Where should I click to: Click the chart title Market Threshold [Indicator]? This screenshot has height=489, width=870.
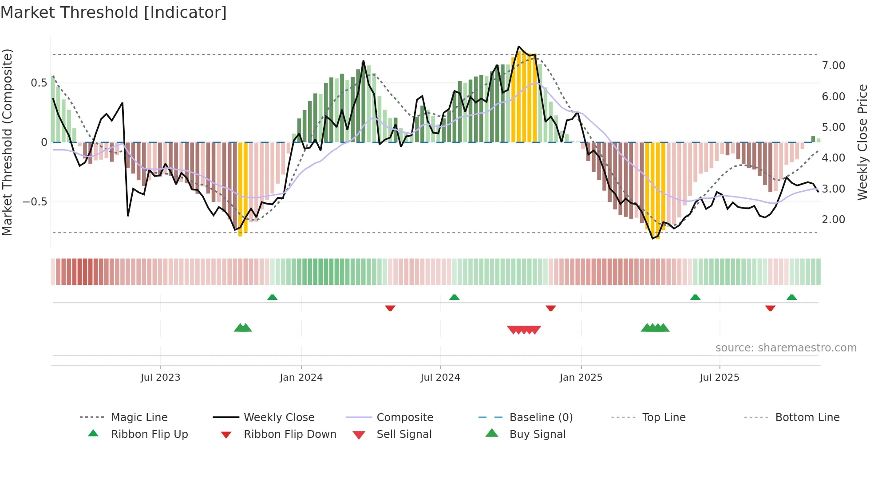(114, 12)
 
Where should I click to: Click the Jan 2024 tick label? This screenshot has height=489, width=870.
(301, 378)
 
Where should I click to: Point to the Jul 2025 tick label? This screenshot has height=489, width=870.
(719, 378)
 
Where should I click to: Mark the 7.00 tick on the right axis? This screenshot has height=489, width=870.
(833, 66)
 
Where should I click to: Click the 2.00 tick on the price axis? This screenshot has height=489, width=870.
(833, 220)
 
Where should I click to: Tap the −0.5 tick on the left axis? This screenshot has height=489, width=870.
(35, 202)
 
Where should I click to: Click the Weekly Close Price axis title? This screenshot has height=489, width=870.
(862, 142)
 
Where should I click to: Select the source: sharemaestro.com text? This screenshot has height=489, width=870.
(786, 348)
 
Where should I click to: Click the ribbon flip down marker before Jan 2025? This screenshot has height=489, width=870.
(550, 308)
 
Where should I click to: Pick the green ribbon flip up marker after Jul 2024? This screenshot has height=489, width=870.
(454, 297)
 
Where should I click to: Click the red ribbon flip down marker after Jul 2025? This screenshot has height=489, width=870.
(770, 308)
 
